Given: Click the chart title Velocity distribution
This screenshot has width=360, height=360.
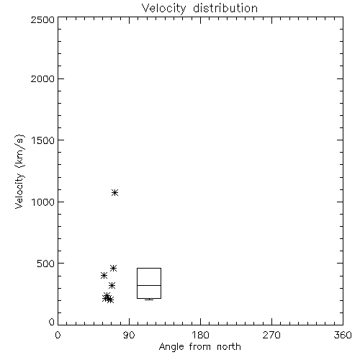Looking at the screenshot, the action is point(199,9).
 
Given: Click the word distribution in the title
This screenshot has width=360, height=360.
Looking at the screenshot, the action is point(225,9).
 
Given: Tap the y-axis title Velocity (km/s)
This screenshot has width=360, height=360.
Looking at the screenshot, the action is point(19,171).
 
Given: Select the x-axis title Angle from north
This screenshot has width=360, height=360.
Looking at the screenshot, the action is point(199,347).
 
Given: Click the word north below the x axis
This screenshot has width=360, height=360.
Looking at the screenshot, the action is point(229,347).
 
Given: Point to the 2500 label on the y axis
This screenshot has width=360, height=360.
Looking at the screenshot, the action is point(42,19).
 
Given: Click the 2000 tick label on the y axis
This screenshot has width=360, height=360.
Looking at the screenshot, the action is point(42,79).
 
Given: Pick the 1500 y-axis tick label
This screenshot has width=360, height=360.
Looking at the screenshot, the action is point(43,140).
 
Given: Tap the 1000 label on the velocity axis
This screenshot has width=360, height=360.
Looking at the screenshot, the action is point(43,202).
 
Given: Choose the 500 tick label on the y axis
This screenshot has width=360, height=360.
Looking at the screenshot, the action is point(46,264).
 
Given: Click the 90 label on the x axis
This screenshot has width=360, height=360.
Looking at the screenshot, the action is point(129,335).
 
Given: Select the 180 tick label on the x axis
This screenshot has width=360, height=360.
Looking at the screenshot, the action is point(200,335).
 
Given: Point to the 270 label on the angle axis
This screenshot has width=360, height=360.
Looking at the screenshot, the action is point(271,335).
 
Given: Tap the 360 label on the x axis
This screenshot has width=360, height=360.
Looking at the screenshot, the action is point(343,335).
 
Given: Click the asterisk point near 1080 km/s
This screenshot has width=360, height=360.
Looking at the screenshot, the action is point(114,192).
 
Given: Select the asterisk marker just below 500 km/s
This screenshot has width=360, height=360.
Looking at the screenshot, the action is point(113,268).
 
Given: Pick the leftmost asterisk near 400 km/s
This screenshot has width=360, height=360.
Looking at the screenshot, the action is point(104,275).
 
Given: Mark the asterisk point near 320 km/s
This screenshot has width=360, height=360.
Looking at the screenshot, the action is point(112,285).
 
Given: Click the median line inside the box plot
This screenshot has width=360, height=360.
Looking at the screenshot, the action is point(149,285).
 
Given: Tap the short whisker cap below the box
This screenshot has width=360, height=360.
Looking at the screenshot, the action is point(149,300).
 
